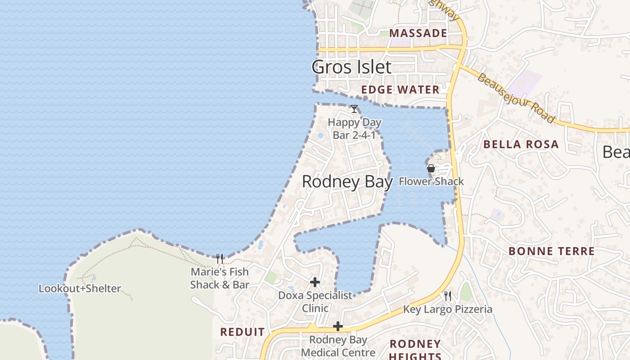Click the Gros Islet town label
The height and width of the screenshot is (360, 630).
351,67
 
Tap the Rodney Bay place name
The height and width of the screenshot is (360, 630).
347,182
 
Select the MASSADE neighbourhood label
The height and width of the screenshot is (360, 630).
418,33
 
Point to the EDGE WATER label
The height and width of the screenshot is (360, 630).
400,90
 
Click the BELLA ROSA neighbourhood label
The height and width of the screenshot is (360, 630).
521,144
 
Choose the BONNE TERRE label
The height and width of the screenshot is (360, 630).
551,251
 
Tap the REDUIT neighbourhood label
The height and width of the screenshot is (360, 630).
243,332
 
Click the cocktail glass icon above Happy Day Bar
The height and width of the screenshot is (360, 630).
354,109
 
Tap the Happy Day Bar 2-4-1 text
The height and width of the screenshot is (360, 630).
355,128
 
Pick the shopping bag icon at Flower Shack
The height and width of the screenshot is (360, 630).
431,169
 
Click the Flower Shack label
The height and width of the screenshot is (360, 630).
431,181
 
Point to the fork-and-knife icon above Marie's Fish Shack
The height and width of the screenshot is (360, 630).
220,258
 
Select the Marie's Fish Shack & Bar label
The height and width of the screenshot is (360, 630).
220,278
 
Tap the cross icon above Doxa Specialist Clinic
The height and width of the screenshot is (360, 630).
315,282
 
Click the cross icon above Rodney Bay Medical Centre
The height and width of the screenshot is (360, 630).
338,326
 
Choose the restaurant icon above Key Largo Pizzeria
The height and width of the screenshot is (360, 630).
448,296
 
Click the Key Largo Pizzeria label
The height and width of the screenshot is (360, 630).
447,309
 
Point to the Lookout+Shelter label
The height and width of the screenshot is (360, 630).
80,288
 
